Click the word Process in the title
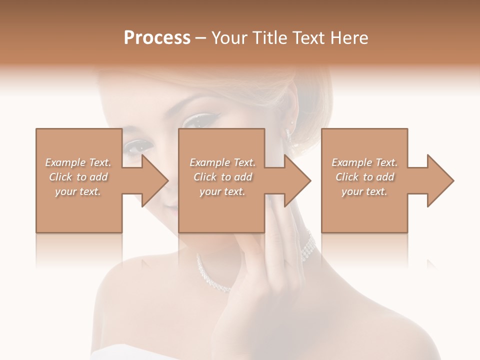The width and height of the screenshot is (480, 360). tap(157, 38)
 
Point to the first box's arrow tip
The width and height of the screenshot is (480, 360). tap(167, 180)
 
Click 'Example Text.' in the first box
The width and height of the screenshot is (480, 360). tap(78, 162)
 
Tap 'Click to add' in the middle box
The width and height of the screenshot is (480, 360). tap(222, 177)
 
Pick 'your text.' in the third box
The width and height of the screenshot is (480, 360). tap(364, 191)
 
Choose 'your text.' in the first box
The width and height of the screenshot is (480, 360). tap(78, 191)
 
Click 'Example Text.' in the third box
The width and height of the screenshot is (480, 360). tap(364, 162)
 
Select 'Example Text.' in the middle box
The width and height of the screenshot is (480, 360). tap(222, 162)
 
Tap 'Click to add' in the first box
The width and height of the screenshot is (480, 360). tap(78, 177)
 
